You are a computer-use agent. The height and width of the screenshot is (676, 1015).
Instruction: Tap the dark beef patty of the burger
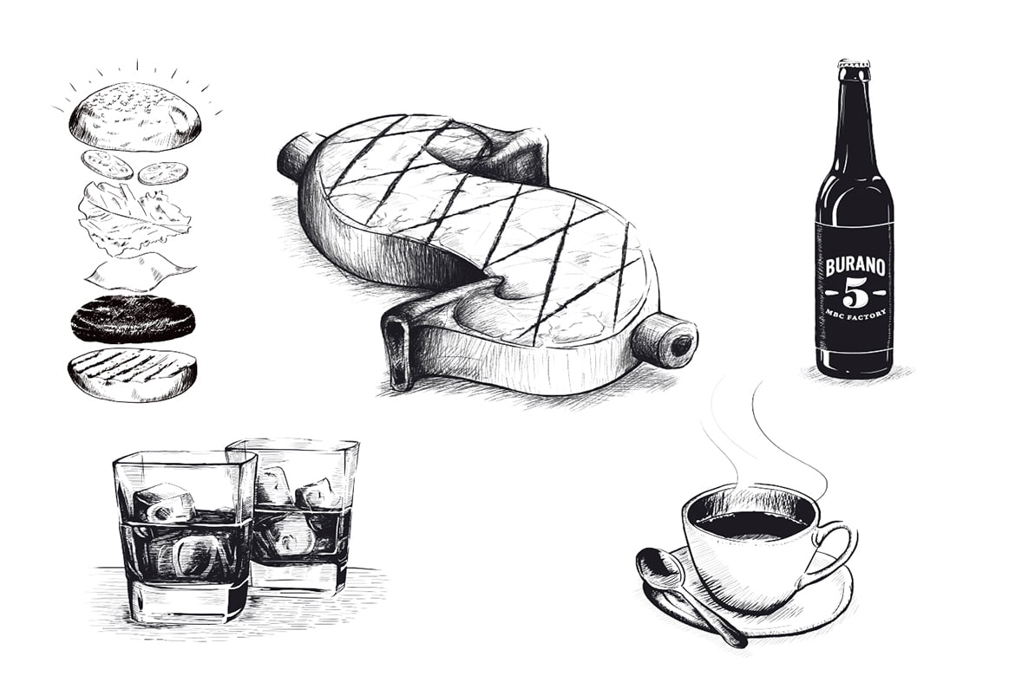[x=134, y=318]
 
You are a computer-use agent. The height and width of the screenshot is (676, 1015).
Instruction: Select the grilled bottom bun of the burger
[x=132, y=374]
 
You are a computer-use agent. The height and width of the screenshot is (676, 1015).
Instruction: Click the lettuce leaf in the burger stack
[x=134, y=216]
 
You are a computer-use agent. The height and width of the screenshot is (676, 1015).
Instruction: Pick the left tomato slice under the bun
[x=108, y=165]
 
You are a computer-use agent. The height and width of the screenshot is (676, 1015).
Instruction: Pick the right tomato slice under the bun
[x=164, y=172]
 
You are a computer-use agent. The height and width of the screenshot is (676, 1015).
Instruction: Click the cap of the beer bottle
[x=854, y=65]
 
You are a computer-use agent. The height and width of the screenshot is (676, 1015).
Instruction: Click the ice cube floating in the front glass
[x=167, y=504]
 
